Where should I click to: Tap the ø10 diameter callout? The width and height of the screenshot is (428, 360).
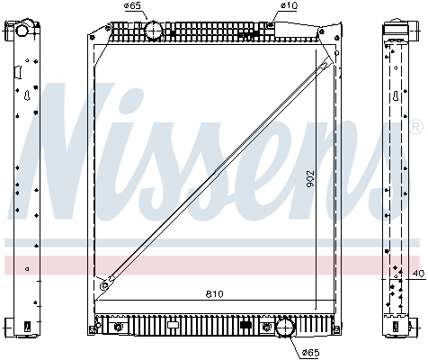point(289,7)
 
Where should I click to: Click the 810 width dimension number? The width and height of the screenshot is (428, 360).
point(214,293)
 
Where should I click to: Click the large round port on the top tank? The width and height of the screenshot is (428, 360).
point(155,31)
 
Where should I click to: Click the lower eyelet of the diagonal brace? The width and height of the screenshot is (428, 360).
point(104,285)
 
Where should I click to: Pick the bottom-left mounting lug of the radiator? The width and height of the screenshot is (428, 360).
point(94,325)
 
